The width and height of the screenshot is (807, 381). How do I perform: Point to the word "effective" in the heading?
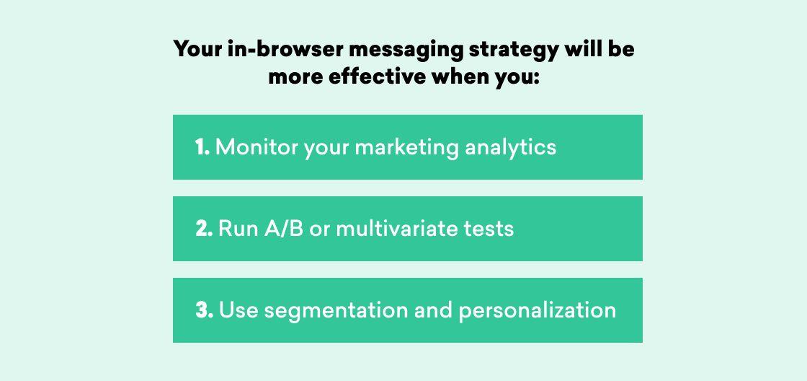click(x=378, y=76)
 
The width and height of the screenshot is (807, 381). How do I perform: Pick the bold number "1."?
click(x=202, y=147)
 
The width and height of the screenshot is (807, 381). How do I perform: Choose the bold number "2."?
click(x=205, y=229)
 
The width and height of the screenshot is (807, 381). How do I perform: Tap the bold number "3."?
click(x=205, y=310)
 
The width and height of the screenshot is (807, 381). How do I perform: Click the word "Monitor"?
click(x=257, y=147)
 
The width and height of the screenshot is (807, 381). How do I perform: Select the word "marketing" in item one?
click(x=406, y=149)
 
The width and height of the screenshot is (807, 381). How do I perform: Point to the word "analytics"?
click(x=511, y=149)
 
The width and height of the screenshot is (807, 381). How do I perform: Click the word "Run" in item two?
click(x=238, y=229)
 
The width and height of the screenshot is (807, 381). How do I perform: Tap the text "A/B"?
click(x=284, y=229)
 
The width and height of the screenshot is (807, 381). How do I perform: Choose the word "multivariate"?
click(x=396, y=229)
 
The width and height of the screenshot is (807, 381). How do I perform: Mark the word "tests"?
click(x=488, y=229)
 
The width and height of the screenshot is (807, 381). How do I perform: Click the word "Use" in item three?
click(x=238, y=310)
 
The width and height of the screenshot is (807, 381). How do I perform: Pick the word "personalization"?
click(x=538, y=312)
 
